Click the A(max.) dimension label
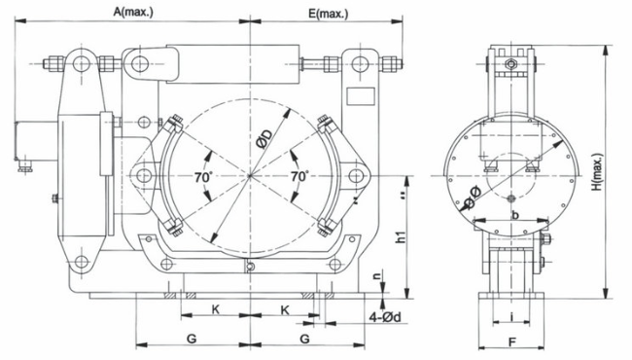click(133, 12)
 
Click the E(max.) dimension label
click(328, 14)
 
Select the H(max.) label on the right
click(599, 172)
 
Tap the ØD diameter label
click(264, 139)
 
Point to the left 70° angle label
click(203, 177)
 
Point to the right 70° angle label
click(299, 176)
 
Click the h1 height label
click(401, 235)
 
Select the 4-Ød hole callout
click(385, 317)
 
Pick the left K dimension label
click(216, 309)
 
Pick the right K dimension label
click(285, 310)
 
